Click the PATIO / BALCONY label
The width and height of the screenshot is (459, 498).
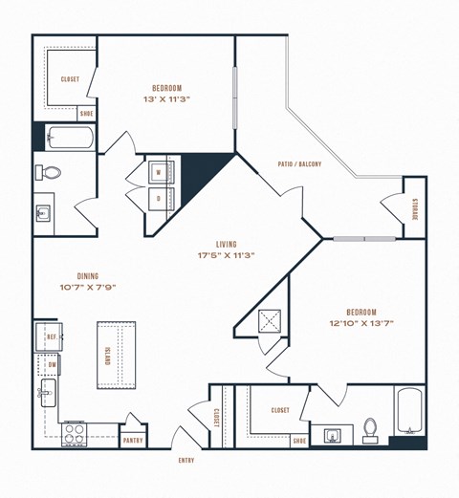(299, 163)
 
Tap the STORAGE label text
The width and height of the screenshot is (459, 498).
(415, 208)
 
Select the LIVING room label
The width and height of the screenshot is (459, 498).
(227, 244)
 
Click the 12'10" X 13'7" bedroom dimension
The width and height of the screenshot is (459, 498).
(361, 323)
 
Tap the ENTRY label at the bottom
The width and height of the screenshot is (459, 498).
(186, 460)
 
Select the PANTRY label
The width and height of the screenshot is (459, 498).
(133, 441)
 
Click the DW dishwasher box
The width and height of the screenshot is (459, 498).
(50, 365)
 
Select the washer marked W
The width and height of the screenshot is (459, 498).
(158, 172)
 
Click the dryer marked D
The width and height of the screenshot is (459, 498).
(158, 198)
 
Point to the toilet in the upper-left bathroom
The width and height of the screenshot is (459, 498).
(49, 173)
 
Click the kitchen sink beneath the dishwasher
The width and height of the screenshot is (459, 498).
(46, 392)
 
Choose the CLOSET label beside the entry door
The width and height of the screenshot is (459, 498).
(217, 417)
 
